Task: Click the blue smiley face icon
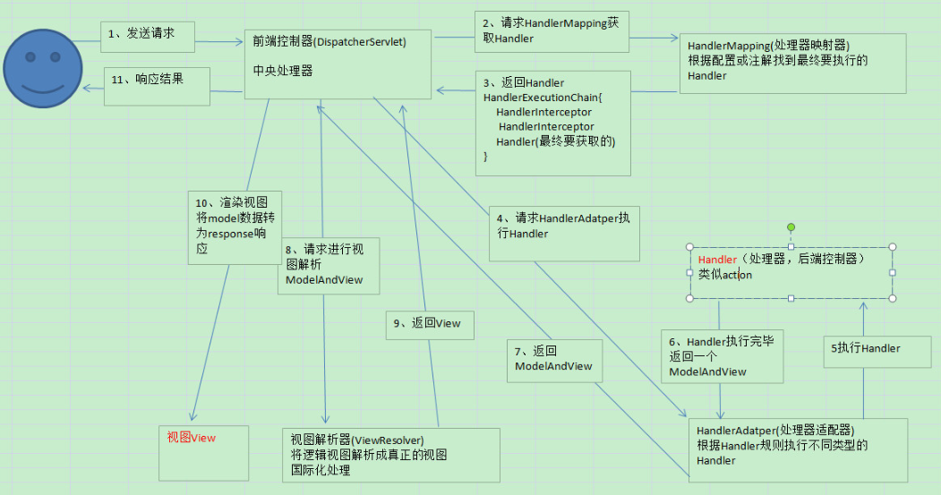pyautogui.click(x=44, y=69)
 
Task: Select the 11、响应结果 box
pyautogui.click(x=158, y=86)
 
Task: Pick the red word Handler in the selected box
pyautogui.click(x=717, y=260)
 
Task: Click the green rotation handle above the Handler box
pyautogui.click(x=791, y=227)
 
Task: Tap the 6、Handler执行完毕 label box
pyautogui.click(x=722, y=355)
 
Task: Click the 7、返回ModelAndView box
pyautogui.click(x=552, y=359)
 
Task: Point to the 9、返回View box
pyautogui.click(x=431, y=324)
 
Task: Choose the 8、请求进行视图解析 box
pyautogui.click(x=328, y=265)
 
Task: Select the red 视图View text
pyautogui.click(x=191, y=437)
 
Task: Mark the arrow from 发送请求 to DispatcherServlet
pyautogui.click(x=219, y=41)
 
